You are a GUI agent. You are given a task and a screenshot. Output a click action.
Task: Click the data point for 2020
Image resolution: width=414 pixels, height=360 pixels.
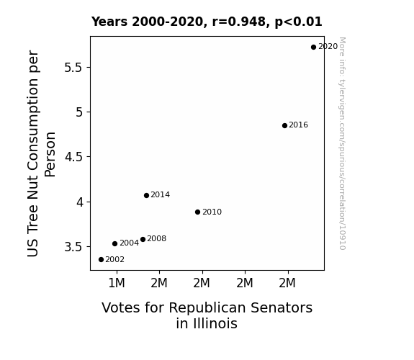pos(313,48)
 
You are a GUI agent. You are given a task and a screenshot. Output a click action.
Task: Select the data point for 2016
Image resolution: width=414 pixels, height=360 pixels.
pos(284,126)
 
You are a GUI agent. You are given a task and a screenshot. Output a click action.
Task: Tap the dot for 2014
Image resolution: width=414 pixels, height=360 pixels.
pos(147,195)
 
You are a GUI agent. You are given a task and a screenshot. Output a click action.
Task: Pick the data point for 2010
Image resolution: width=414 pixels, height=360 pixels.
pos(197,212)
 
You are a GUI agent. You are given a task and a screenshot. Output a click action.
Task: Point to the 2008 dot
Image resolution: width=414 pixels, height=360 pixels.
pos(143,240)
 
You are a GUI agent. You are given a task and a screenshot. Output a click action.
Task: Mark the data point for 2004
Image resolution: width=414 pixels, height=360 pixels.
pos(115,244)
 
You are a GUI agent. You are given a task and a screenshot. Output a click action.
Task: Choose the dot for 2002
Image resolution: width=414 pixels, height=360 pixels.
pos(101,260)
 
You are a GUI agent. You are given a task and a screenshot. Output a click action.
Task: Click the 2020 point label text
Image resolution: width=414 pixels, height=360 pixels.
pos(328,47)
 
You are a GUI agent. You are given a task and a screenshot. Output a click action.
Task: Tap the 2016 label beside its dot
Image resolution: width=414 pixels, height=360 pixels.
pos(298,125)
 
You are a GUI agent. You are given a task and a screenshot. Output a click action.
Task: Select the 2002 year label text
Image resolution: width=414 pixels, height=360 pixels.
pos(115,260)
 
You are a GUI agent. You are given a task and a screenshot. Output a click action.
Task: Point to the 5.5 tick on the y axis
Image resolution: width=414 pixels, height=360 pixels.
pos(73,68)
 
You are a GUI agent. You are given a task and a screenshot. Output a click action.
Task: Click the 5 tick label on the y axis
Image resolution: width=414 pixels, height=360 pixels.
pos(79,112)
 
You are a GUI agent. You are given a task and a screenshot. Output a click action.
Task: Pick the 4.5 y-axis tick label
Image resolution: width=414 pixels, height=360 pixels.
pos(73,157)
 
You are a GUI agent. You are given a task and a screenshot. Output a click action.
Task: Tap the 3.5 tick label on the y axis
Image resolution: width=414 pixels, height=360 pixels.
pos(73,247)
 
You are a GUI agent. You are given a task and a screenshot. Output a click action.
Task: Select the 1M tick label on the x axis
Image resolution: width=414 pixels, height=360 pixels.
pos(117,283)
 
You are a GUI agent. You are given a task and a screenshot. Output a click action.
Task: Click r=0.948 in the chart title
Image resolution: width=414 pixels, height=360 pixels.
pos(239,22)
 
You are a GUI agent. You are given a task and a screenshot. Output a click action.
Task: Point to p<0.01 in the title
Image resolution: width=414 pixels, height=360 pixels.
pos(299,22)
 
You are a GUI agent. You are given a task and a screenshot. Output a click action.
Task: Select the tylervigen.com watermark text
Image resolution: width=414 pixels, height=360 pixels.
pos(342,143)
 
